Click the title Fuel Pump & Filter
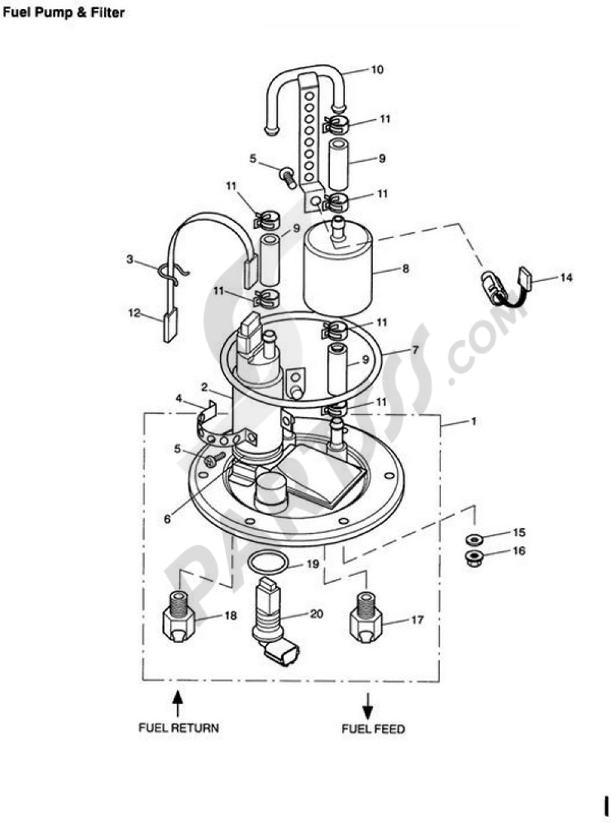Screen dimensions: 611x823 pyautogui.click(x=64, y=13)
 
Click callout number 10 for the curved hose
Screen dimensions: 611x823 pyautogui.click(x=377, y=70)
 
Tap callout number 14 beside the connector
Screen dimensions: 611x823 pyautogui.click(x=566, y=278)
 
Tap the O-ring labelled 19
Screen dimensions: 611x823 pyautogui.click(x=267, y=562)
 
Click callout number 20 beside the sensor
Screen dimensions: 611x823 pyautogui.click(x=316, y=614)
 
